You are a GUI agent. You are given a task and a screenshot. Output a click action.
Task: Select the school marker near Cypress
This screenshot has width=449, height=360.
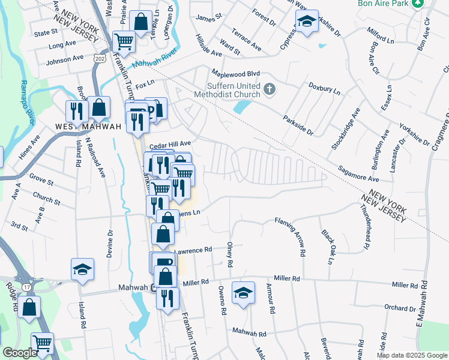pyautogui.click(x=307, y=23)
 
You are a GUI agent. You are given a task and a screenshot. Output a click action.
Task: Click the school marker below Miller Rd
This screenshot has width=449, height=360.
pyautogui.click(x=243, y=293)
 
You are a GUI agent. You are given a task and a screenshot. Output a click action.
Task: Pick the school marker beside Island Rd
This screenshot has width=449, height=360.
pyautogui.click(x=82, y=269)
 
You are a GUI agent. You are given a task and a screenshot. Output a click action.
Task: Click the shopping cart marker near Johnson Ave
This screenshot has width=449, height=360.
pyautogui.click(x=124, y=42)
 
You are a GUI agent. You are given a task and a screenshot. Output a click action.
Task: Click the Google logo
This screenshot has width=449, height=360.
pyautogui.click(x=20, y=353)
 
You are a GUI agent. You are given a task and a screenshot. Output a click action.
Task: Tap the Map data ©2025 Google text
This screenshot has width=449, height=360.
pyautogui.click(x=411, y=355)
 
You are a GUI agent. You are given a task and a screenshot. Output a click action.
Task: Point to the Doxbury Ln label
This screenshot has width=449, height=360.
pyautogui.click(x=325, y=89)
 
